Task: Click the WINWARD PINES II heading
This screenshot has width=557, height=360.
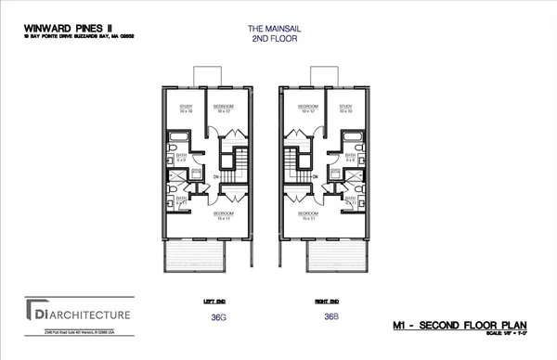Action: click(x=58, y=28)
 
